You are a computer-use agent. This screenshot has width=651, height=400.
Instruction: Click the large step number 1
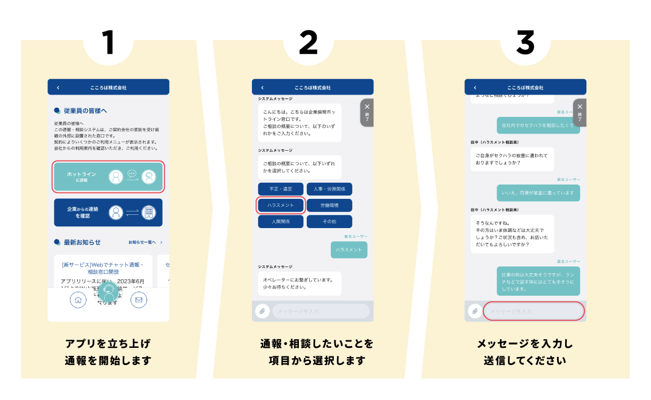pos(108,43)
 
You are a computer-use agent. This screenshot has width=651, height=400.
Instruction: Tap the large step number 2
pos(308,43)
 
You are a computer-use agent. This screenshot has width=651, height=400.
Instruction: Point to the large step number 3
pos(525,43)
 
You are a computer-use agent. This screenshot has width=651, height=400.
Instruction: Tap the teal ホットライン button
pos(108,177)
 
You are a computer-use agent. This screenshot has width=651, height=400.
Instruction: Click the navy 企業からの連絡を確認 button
pos(108,213)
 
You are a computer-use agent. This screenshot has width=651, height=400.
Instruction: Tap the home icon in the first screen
pos(78,300)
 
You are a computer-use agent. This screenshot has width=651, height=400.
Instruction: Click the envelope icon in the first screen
pos(139,300)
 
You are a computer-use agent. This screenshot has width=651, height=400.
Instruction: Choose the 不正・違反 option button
pos(281,189)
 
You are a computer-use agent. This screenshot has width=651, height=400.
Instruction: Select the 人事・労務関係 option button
pos(329,189)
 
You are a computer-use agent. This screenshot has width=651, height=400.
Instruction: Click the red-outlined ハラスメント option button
pos(281,205)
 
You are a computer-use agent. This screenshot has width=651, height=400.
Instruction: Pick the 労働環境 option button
pos(329,205)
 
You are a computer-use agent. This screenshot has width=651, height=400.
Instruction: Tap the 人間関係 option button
pos(281,222)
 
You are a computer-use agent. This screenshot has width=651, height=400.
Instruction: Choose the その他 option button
pos(329,222)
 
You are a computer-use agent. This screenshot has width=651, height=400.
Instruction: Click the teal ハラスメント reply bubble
pos(349,250)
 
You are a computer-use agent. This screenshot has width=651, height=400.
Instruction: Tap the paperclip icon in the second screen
pos(261,311)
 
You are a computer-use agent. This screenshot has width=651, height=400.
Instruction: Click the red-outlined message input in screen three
pos(534,311)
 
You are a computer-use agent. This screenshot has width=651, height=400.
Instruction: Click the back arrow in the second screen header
pos(262,88)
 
